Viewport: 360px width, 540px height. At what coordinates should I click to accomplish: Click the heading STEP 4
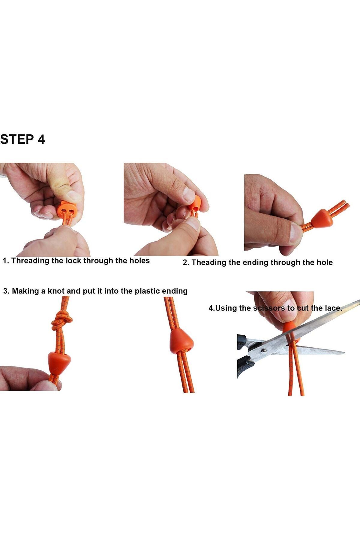22,139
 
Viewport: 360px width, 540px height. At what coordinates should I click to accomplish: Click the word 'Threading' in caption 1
30,260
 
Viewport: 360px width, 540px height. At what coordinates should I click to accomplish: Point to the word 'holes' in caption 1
139,260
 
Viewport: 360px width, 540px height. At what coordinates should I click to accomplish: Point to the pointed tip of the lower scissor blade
344,353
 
